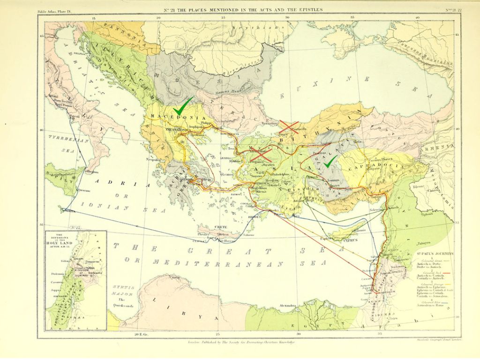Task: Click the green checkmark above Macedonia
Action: click(x=183, y=104)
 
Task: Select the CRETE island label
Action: click(x=221, y=227)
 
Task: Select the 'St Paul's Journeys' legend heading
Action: click(x=436, y=254)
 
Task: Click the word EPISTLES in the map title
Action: click(x=308, y=9)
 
